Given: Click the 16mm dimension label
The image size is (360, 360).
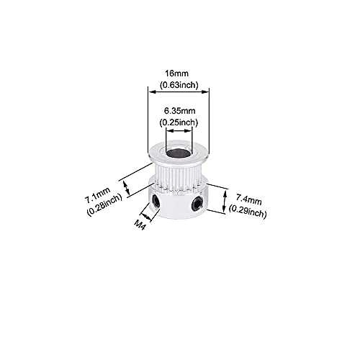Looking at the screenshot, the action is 177,73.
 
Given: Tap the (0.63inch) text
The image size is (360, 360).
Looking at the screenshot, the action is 179,85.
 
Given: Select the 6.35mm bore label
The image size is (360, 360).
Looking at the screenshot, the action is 180,111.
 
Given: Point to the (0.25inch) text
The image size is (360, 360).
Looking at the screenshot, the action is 179,122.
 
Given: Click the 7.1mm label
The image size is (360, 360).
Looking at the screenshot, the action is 97,194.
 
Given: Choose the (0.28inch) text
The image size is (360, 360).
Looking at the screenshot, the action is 104,205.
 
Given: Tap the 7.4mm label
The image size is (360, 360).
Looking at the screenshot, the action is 248,199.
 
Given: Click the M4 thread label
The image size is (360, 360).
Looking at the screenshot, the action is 140,225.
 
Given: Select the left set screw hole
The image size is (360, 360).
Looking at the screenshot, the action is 156,200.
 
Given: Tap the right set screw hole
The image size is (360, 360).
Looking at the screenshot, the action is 197,203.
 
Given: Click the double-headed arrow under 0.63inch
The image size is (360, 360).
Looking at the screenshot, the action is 178,91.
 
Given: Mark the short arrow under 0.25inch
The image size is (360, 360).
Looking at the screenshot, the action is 179,130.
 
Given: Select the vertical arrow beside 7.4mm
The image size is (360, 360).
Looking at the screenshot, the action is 225,200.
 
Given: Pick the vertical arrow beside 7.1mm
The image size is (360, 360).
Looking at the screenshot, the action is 127,188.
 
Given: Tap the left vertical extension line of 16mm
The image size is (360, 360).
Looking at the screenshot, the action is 148,120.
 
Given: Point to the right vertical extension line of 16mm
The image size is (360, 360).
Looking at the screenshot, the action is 209,120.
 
